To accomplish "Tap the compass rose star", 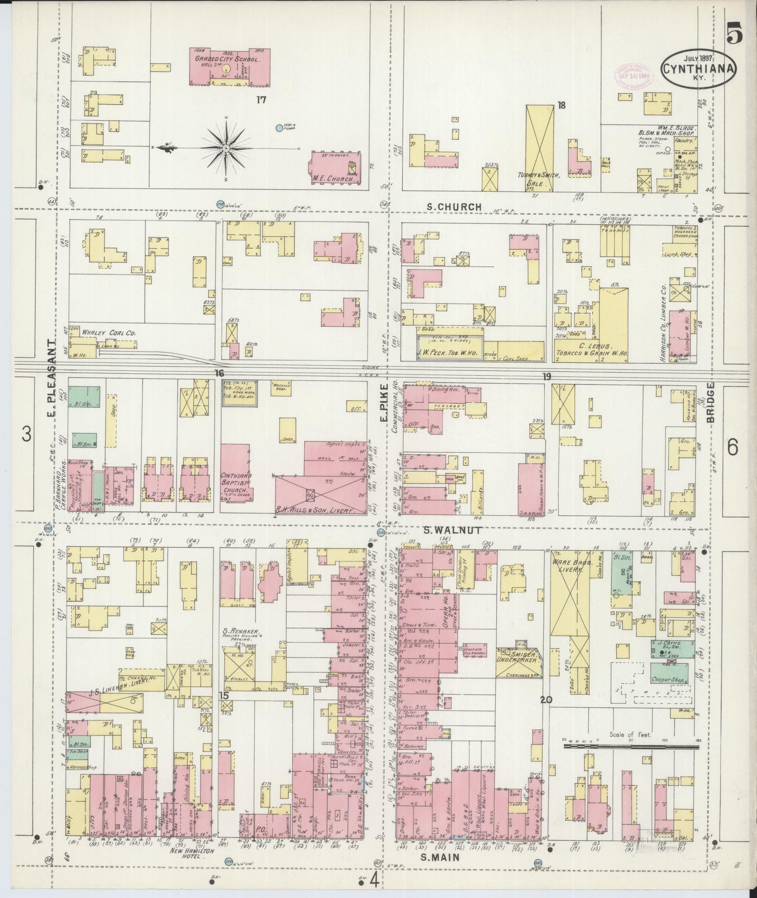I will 225,149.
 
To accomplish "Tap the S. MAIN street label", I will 440,858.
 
